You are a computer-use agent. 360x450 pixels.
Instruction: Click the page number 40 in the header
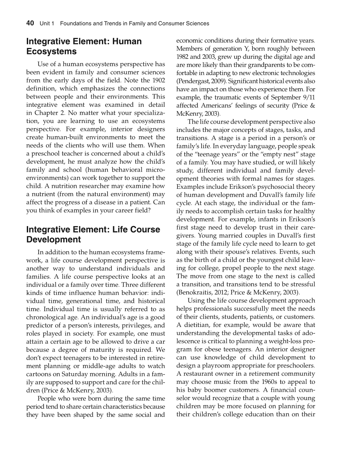[x=30, y=23]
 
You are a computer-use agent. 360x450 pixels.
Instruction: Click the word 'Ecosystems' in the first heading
[x=51, y=52]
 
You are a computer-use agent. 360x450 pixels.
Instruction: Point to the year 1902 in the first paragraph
[x=158, y=80]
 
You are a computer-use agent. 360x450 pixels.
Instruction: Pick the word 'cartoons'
[x=39, y=374]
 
